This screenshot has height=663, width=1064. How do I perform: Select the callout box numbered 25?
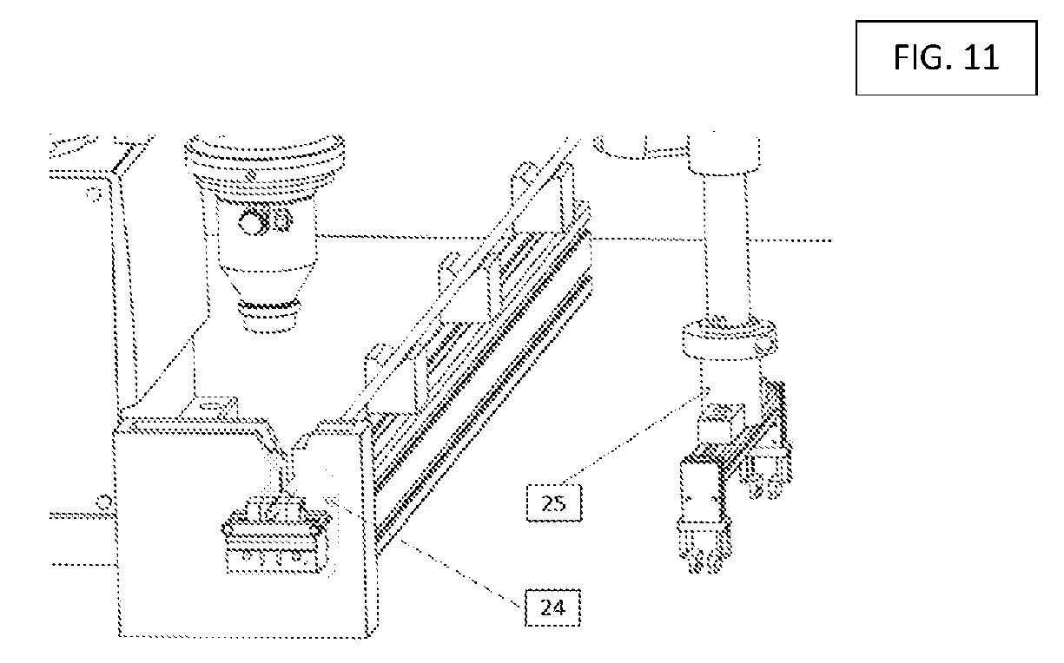[x=554, y=503]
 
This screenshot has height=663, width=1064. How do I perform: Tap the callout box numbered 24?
[x=553, y=607]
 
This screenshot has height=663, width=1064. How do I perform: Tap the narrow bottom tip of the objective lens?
[x=269, y=315]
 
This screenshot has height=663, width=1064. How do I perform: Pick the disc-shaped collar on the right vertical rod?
[x=730, y=338]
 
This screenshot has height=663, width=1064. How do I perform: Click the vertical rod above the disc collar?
[x=726, y=246]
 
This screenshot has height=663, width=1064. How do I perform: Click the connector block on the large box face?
[x=277, y=535]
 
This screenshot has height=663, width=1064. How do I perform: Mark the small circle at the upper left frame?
[x=94, y=194]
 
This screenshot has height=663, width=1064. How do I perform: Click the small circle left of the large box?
[x=104, y=502]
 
